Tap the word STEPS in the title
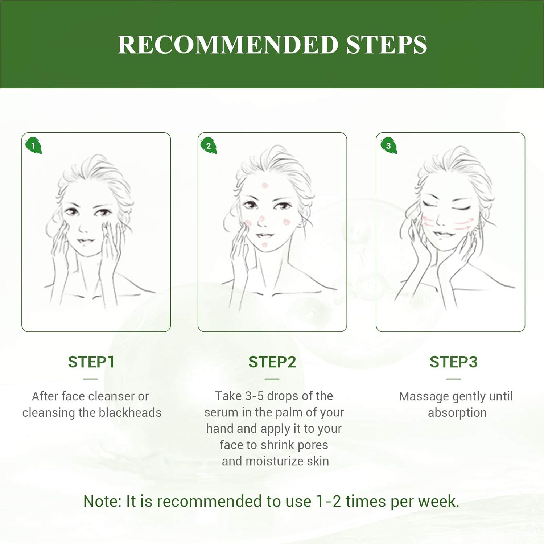[x=387, y=45]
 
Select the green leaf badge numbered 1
[x=33, y=145]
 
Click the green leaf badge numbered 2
[x=209, y=145]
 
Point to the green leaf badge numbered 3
[x=388, y=145]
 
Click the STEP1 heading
[x=91, y=362]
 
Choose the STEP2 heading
[x=272, y=362]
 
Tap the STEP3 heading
[x=453, y=362]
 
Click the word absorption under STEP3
[x=457, y=413]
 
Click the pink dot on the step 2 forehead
[x=265, y=186]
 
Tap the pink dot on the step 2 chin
[x=265, y=245]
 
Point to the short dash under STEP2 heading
[x=272, y=379]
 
